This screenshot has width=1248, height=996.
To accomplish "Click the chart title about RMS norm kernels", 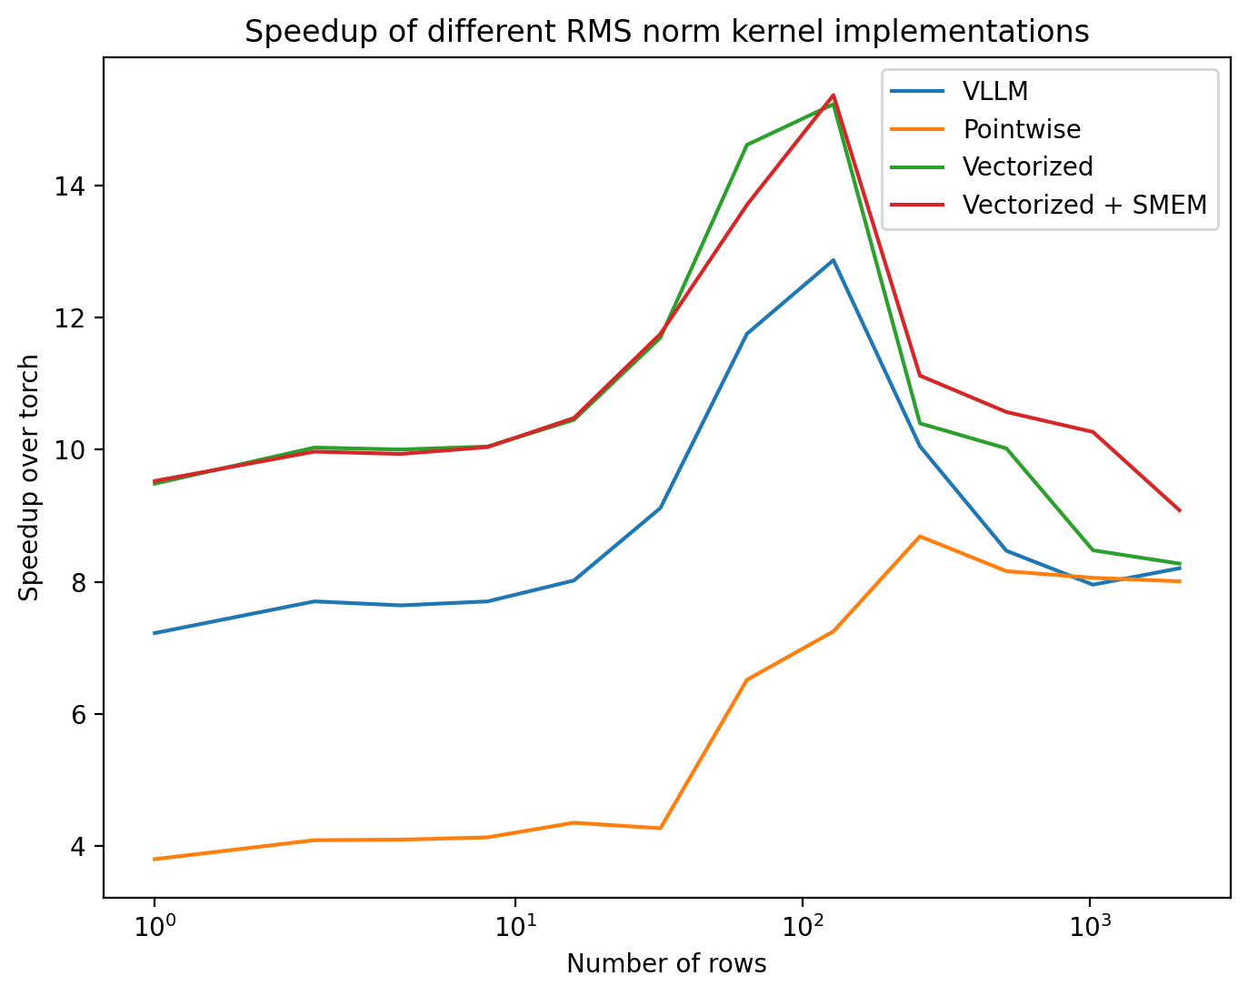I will tap(666, 32).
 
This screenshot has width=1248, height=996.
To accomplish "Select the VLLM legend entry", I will tap(995, 91).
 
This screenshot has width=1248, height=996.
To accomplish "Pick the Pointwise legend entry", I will tap(1022, 129).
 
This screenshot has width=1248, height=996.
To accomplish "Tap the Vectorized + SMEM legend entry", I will tap(1084, 205).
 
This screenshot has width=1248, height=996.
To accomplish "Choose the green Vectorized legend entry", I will tap(1028, 166).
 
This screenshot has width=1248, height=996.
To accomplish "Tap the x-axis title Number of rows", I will tap(666, 964).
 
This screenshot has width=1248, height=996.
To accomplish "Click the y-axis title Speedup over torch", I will tap(30, 477).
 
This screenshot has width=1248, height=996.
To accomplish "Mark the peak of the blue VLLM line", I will tap(833, 260).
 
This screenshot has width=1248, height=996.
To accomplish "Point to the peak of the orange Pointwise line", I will tap(920, 537).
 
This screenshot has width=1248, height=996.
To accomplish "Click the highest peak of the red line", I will tap(834, 95).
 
